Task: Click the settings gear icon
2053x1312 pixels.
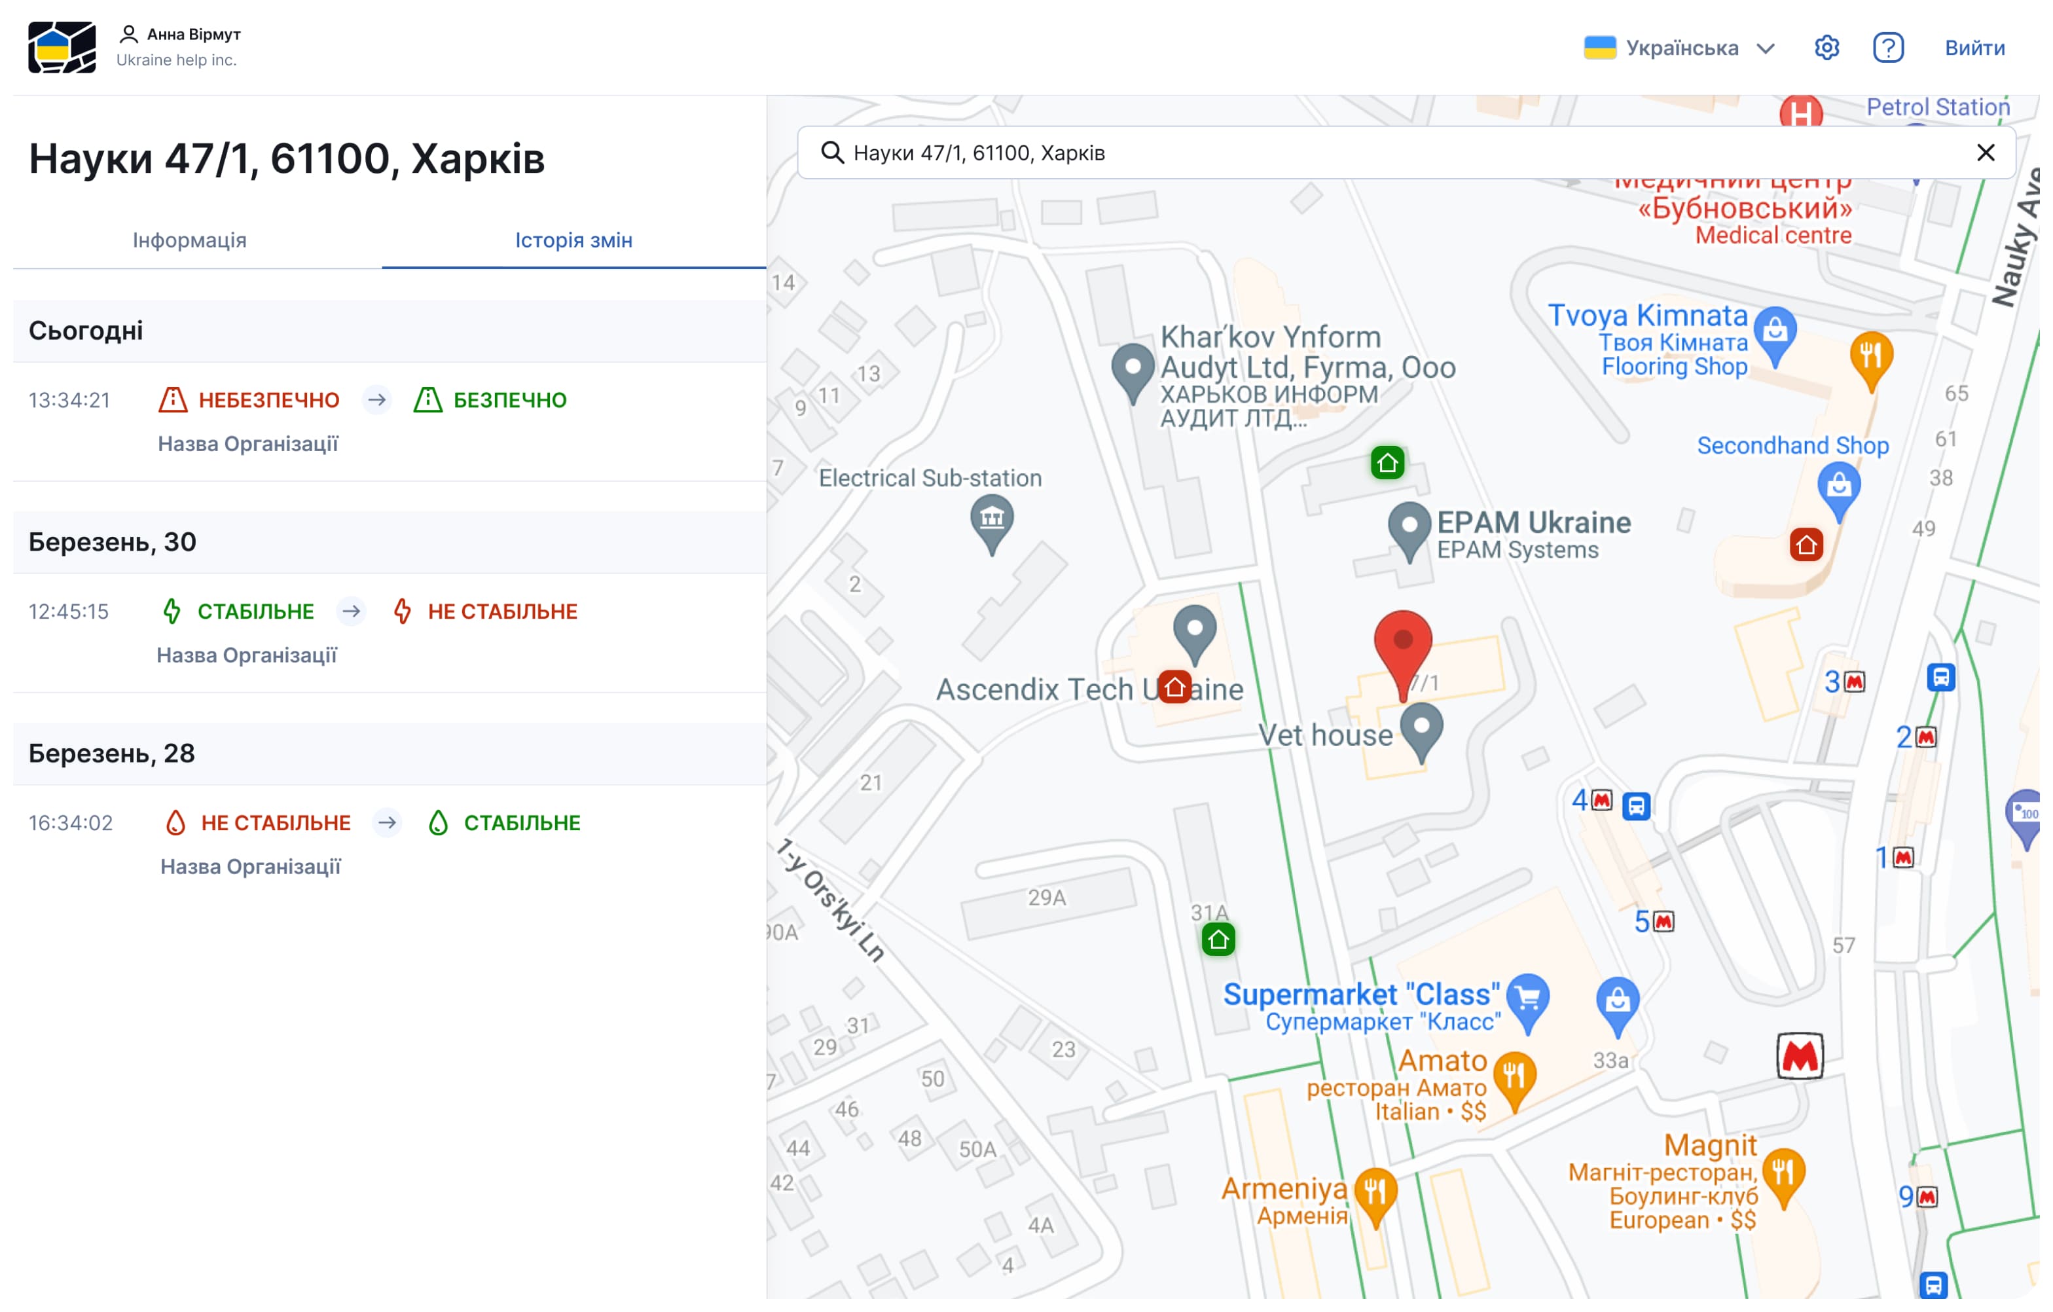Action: (1826, 48)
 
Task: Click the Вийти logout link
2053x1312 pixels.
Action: (1974, 48)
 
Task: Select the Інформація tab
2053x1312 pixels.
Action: (189, 240)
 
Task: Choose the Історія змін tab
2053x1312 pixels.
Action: (573, 240)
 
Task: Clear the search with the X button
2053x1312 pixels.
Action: (1985, 153)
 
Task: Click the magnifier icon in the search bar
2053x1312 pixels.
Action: (831, 153)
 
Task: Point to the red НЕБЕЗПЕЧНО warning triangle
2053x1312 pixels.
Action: (173, 400)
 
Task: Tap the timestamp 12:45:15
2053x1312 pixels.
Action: (69, 611)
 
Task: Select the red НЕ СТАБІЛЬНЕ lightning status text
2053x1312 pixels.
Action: (502, 611)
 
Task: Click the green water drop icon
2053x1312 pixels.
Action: (438, 823)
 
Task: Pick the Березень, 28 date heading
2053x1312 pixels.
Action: (112, 754)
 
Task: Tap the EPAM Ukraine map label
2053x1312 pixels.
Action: (1533, 522)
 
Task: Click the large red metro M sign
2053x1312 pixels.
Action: (1799, 1056)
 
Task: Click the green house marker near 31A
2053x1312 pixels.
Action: (1218, 939)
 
